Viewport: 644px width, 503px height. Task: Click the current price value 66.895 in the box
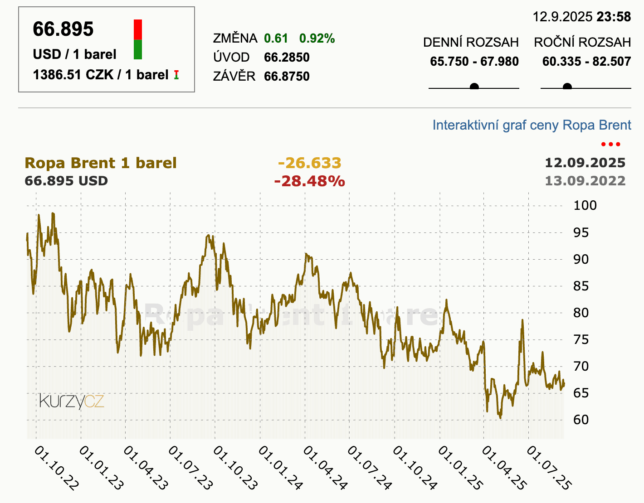click(63, 29)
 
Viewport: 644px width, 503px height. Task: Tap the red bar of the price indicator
click(138, 29)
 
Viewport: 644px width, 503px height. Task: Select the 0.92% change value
click(317, 39)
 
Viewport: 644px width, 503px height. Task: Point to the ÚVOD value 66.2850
click(287, 58)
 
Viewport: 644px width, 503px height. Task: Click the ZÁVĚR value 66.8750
click(287, 76)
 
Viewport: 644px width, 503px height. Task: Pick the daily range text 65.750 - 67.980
click(474, 62)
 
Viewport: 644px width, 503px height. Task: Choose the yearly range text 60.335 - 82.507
click(586, 62)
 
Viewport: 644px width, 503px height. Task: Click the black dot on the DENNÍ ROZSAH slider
click(474, 87)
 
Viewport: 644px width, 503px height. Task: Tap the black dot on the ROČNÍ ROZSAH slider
click(567, 87)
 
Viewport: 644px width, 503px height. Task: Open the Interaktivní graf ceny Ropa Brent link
click(532, 125)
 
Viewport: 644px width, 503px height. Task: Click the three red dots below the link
click(610, 145)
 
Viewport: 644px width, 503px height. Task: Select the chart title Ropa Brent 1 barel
click(100, 163)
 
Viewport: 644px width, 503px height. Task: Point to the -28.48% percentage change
click(309, 181)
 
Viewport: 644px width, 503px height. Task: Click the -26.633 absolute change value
click(309, 163)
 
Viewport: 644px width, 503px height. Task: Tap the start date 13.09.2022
click(585, 181)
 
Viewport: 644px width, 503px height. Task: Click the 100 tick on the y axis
click(585, 205)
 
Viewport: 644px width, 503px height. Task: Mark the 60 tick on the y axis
click(581, 420)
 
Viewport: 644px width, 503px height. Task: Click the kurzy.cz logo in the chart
click(72, 401)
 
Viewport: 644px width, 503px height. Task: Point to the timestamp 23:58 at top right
click(614, 17)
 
